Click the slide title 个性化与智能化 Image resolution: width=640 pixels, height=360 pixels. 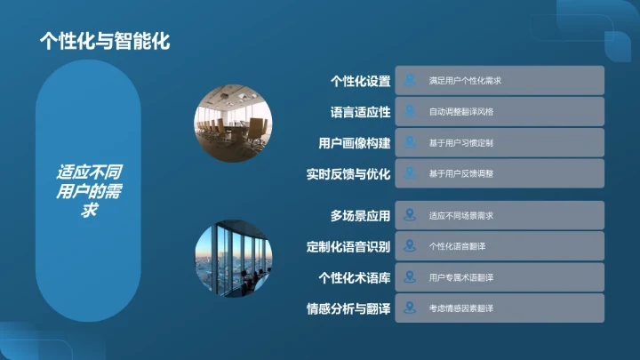[105, 41]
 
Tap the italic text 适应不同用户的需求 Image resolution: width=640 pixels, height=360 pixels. [89, 191]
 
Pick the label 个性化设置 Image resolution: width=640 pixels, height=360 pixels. [360, 81]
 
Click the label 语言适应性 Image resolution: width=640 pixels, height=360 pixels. [360, 112]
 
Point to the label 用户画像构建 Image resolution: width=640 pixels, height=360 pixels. [355, 143]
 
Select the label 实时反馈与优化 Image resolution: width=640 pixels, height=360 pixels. [348, 174]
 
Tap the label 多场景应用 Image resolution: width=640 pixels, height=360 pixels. [360, 216]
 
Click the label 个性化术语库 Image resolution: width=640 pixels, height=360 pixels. [355, 277]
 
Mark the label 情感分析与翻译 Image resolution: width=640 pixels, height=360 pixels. [348, 308]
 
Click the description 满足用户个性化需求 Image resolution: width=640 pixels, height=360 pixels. [466, 81]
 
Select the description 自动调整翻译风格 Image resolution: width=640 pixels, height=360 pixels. [460, 112]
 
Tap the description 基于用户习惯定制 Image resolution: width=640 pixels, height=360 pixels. [460, 143]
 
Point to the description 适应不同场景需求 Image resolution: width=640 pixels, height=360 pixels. [460, 216]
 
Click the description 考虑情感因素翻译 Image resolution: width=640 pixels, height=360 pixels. [460, 308]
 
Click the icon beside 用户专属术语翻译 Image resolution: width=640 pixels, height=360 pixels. [410, 277]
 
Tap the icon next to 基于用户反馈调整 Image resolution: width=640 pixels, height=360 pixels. [410, 174]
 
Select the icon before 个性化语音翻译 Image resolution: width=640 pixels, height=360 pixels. [410, 246]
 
